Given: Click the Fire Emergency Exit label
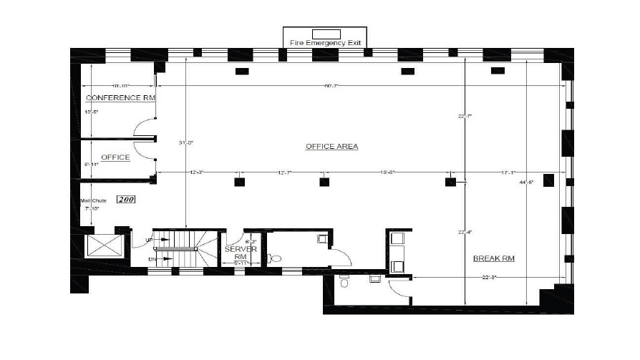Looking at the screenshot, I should coord(326,43).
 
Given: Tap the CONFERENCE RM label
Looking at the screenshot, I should coord(120,97).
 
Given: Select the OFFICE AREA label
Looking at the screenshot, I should coord(331,146).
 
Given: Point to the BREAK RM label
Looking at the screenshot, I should coord(494,258).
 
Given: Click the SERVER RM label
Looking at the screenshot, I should coord(236,253).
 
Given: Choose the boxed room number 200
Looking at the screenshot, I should coord(127,200).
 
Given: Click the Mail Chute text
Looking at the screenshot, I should coord(93,200).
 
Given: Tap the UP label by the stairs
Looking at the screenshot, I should coord(149,239).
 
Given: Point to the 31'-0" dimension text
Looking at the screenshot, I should coord(186,143).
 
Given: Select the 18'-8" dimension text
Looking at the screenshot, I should coord(388,172).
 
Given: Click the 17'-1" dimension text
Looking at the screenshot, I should coord(509,172).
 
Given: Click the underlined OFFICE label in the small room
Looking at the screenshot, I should coord(115,157).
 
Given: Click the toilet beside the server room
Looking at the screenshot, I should coord(274,258).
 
